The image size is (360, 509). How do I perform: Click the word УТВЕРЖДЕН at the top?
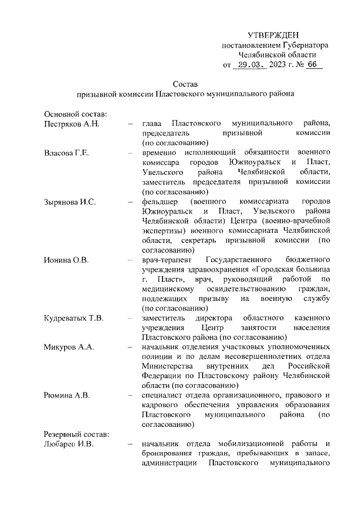(x=273, y=35)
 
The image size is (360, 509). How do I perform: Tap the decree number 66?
(x=312, y=65)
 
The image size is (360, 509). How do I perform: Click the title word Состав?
(x=186, y=84)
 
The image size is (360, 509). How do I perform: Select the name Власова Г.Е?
(x=67, y=152)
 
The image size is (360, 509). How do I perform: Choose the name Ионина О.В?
(x=66, y=260)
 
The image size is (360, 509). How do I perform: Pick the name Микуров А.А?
(x=69, y=346)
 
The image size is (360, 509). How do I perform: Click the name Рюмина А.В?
(x=66, y=395)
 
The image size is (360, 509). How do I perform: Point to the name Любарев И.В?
(x=68, y=444)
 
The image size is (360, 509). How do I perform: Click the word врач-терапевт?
(x=166, y=260)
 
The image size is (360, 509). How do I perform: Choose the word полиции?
(x=156, y=357)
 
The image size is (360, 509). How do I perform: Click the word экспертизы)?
(x=164, y=231)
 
